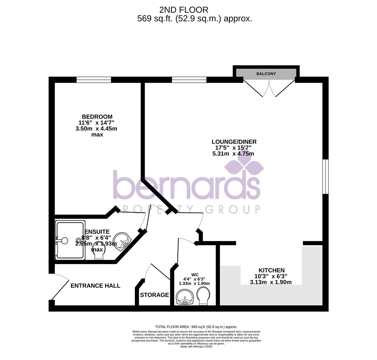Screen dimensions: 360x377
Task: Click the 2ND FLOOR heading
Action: (x=184, y=10)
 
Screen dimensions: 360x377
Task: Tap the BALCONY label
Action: (x=266, y=74)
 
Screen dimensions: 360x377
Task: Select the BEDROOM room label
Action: (x=97, y=117)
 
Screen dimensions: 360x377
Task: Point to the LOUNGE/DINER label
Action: (x=234, y=142)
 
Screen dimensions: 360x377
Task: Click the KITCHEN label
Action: (x=271, y=270)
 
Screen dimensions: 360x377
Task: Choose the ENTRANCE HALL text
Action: (x=95, y=286)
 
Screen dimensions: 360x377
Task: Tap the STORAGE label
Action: (x=154, y=295)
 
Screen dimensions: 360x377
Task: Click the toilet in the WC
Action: (x=203, y=296)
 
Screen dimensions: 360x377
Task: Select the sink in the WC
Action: (x=185, y=297)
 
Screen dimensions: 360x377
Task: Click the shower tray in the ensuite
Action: (x=70, y=240)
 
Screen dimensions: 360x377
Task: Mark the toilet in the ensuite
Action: (x=99, y=254)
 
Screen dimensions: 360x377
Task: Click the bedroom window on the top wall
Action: (x=94, y=80)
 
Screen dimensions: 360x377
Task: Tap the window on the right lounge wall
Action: (x=325, y=177)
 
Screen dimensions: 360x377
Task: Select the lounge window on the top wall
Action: (x=189, y=80)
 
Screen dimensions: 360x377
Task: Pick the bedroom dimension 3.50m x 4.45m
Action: (x=96, y=129)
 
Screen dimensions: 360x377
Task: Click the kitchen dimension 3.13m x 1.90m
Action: (x=271, y=282)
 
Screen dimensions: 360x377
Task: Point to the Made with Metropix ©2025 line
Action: (x=196, y=347)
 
